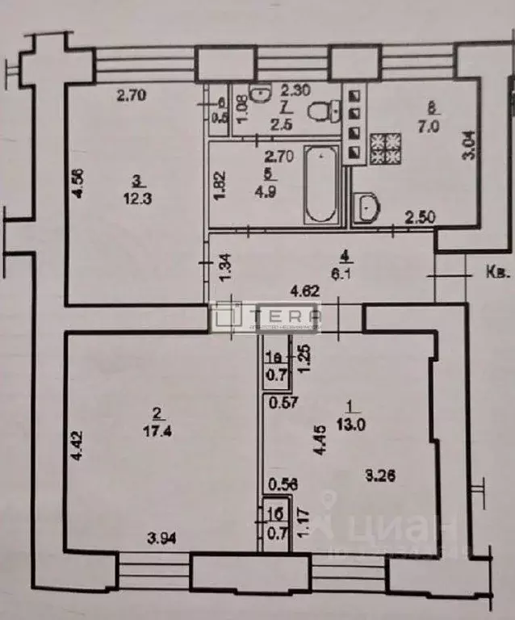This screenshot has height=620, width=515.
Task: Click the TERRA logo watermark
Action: (x=266, y=316)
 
